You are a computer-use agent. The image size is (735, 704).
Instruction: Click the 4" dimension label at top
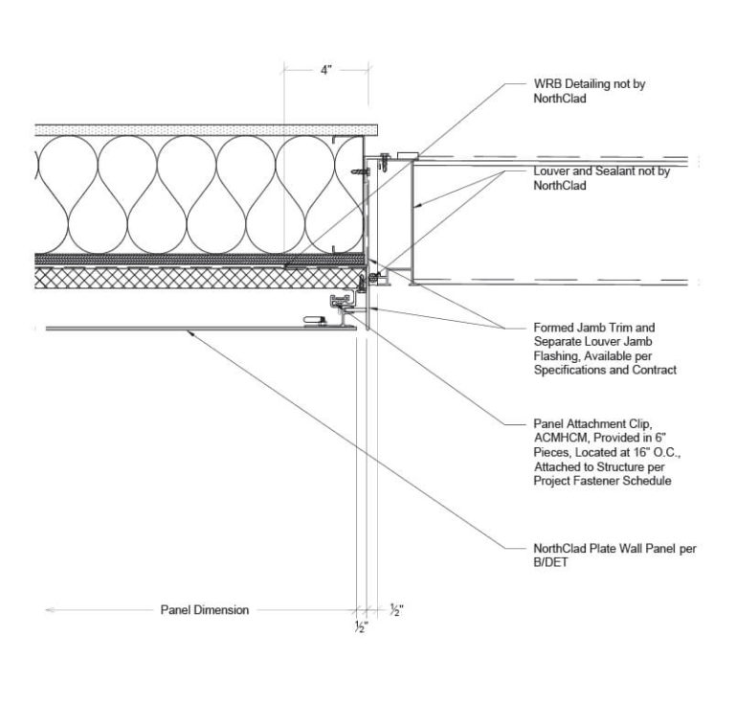(326, 71)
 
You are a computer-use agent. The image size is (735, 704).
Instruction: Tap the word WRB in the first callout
(546, 84)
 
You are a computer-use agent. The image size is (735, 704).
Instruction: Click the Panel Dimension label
(204, 610)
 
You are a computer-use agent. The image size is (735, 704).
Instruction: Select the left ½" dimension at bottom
(361, 627)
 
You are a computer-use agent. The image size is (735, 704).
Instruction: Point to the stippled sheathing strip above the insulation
(191, 129)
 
